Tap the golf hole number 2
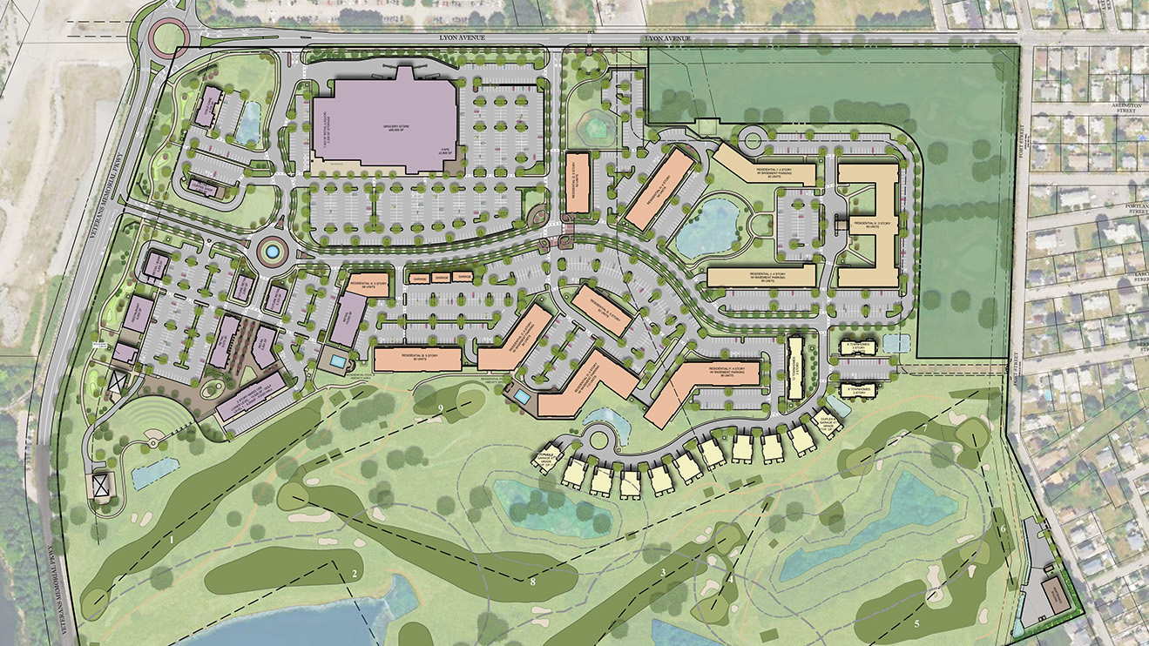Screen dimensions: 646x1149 pyautogui.click(x=355, y=573)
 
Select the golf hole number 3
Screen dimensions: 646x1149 pyautogui.click(x=663, y=572)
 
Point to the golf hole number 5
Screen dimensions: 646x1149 pyautogui.click(x=916, y=623)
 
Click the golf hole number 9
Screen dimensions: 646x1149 pyautogui.click(x=441, y=407)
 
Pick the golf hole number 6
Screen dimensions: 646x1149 pyautogui.click(x=1002, y=528)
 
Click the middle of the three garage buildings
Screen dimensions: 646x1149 pyautogui.click(x=441, y=277)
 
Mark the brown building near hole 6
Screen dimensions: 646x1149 pyautogui.click(x=1055, y=594)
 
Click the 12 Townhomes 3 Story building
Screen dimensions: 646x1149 pyautogui.click(x=794, y=367)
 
